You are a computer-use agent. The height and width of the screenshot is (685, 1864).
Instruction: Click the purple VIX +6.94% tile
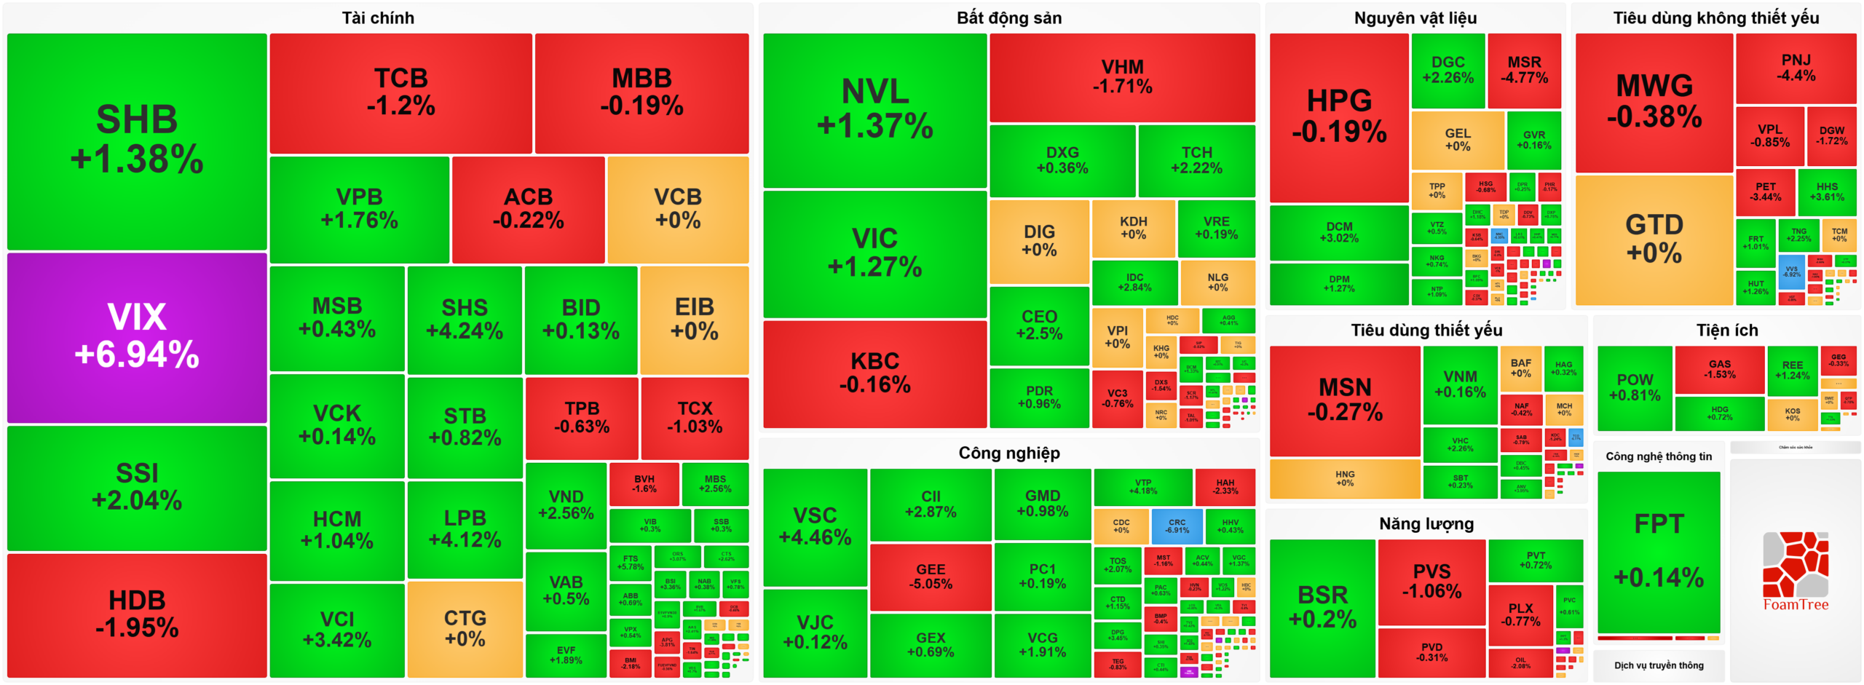point(137,337)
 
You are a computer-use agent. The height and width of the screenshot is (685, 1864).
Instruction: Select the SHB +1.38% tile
point(137,140)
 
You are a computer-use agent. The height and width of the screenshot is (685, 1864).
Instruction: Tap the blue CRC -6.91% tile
point(1177,526)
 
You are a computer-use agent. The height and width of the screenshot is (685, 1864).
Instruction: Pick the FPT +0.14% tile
point(1658,551)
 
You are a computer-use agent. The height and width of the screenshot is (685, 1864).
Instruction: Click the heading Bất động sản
point(1008,18)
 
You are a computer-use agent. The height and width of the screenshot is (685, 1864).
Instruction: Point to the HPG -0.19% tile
point(1338,116)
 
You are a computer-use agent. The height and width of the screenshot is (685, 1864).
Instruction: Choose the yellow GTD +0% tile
point(1654,239)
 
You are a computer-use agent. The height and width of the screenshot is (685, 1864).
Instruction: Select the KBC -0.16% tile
point(874,373)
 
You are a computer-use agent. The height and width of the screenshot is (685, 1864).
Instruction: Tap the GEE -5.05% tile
point(930,576)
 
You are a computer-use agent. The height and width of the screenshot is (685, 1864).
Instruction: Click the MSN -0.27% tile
point(1344,400)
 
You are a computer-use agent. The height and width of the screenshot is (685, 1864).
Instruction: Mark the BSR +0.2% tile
point(1322,606)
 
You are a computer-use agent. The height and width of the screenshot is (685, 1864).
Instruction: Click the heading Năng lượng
point(1426,523)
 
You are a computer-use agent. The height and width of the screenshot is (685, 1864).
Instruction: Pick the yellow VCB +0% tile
point(677,209)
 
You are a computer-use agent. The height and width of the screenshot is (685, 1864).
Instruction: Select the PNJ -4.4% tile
point(1796,68)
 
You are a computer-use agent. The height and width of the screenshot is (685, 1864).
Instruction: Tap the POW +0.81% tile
point(1634,387)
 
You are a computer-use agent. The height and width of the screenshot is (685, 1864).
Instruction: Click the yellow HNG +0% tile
point(1344,478)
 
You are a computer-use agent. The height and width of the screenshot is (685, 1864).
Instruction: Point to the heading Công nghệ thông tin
point(1658,456)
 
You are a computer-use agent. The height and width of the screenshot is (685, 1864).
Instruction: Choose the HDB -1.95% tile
point(137,614)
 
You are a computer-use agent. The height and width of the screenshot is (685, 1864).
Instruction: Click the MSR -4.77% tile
point(1523,70)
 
